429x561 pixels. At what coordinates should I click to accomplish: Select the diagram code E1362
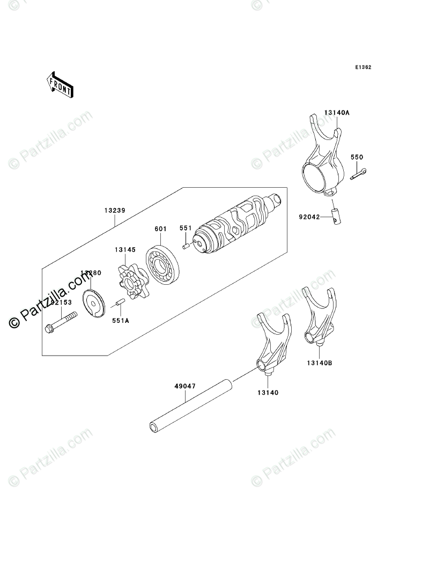point(363,68)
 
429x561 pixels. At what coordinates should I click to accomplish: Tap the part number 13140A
point(336,113)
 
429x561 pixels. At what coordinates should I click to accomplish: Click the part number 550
point(357,157)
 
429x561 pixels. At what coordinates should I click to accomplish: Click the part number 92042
point(310,217)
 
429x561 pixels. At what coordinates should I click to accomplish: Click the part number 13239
point(115,211)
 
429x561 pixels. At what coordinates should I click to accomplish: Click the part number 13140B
point(320,363)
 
